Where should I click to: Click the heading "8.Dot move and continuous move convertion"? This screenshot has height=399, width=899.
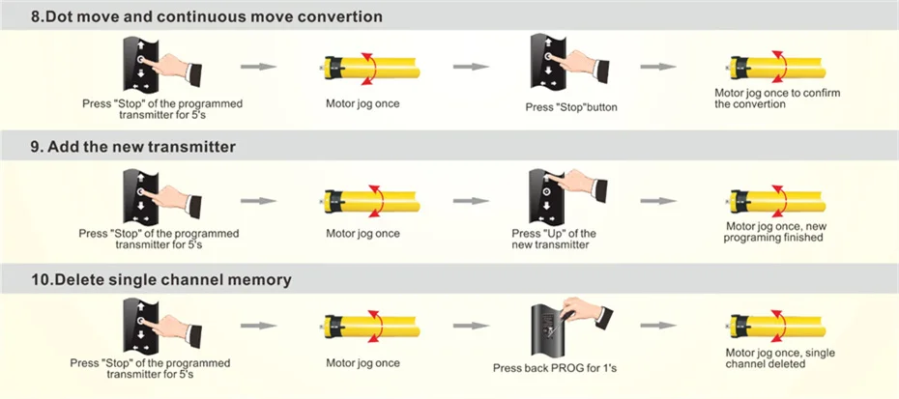click(x=206, y=17)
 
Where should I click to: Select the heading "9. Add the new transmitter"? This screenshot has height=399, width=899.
click(x=132, y=147)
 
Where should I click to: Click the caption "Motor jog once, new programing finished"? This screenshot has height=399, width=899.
click(x=774, y=232)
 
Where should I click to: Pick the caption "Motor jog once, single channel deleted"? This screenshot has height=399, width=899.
click(x=780, y=358)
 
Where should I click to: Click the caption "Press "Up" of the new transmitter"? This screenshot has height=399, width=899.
click(x=554, y=239)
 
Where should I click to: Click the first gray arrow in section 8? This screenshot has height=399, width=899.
click(x=258, y=67)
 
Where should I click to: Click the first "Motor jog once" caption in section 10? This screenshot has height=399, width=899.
click(x=362, y=363)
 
